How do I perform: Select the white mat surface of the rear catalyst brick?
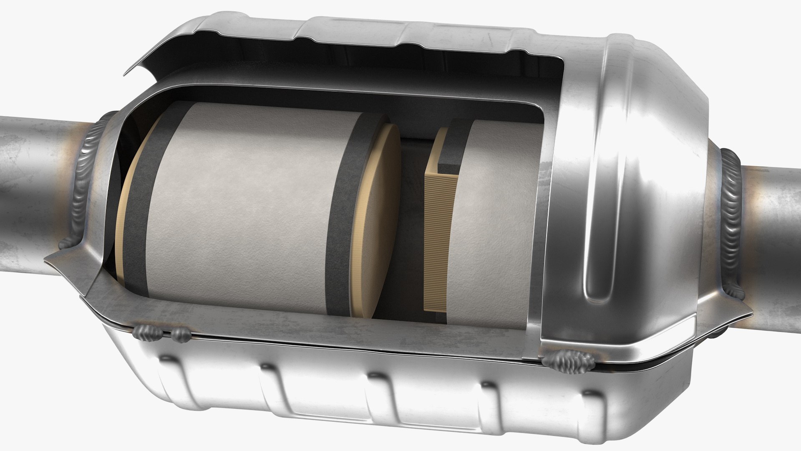tap(496, 234)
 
